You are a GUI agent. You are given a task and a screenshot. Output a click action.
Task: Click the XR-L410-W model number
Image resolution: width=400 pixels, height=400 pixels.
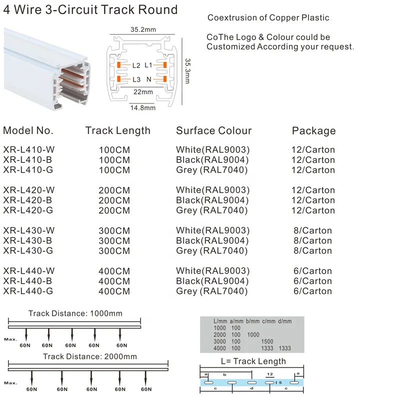pyautogui.click(x=28, y=149)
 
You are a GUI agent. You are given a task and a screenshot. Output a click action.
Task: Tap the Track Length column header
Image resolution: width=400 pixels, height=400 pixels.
pyautogui.click(x=117, y=130)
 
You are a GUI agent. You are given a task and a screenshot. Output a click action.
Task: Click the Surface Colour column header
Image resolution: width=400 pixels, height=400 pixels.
pyautogui.click(x=213, y=131)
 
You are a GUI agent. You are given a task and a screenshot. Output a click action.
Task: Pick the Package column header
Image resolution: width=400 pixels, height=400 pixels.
pyautogui.click(x=313, y=131)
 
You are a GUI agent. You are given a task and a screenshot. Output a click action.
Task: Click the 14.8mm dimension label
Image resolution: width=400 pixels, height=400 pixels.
pyautogui.click(x=142, y=107)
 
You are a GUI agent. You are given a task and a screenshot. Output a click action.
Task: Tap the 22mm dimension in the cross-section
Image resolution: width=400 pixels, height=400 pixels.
pyautogui.click(x=143, y=92)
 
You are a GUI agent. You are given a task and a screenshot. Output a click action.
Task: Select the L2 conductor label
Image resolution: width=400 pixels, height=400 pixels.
pyautogui.click(x=136, y=65)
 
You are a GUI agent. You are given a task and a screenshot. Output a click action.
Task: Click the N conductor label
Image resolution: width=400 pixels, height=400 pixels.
pyautogui.click(x=149, y=79)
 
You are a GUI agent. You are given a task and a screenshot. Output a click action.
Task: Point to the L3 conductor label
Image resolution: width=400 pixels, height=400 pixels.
pyautogui.click(x=136, y=79)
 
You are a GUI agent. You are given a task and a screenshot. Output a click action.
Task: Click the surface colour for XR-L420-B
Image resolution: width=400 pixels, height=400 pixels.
pyautogui.click(x=212, y=200)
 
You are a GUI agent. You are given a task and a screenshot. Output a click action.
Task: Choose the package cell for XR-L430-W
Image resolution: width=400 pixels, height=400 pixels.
pyautogui.click(x=313, y=230)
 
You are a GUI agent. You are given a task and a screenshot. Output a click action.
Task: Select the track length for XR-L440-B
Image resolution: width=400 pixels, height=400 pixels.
pyautogui.click(x=114, y=281)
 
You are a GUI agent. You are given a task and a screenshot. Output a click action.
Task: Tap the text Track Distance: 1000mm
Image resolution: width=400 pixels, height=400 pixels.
pyautogui.click(x=75, y=314)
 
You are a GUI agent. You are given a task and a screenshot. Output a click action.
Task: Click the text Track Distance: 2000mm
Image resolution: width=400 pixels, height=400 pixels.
pyautogui.click(x=89, y=356)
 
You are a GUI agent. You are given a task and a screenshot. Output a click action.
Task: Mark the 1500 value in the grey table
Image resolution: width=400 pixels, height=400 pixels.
pyautogui.click(x=267, y=341)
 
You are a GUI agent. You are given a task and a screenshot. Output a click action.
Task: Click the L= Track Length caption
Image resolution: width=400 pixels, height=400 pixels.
pyautogui.click(x=253, y=361)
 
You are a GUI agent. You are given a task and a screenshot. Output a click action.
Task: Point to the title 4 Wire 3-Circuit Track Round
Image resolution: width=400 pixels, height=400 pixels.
pyautogui.click(x=90, y=9)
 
